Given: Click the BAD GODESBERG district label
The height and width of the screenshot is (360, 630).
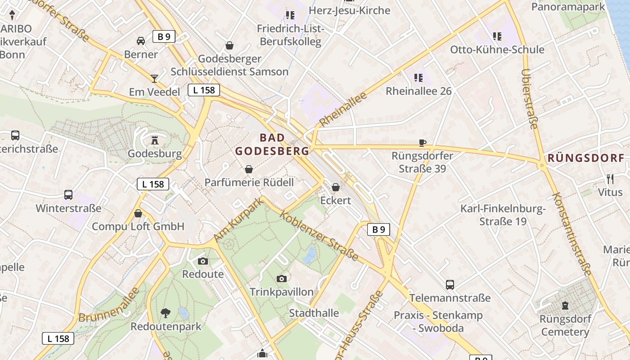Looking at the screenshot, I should click(272, 144).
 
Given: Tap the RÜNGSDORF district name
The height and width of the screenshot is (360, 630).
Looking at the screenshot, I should click(586, 158).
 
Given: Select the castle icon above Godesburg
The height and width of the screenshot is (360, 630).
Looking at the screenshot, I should click(155, 140).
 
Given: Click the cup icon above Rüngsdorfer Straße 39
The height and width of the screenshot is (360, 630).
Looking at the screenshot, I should click(422, 143).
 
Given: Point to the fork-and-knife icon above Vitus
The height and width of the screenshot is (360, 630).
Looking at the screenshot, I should click(610, 179).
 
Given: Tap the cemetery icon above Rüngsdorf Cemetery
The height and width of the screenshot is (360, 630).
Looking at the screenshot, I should click(565, 306).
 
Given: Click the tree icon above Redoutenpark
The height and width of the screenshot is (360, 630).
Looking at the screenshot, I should click(166, 313).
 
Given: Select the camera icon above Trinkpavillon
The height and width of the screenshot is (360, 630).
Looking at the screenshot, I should click(282, 279).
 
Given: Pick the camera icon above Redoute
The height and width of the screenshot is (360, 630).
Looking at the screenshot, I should click(203, 261).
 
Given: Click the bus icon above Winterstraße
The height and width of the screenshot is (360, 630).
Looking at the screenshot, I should click(68, 195).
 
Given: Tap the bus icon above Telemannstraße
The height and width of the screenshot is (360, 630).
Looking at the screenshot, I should click(450, 284).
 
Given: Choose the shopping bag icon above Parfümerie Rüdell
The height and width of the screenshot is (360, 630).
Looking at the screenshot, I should click(248, 169).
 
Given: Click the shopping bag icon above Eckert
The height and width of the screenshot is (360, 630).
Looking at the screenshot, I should click(336, 187).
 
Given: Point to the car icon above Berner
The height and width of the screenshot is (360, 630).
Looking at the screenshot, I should click(141, 41).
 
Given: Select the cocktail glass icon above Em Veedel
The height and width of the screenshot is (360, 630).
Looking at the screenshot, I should click(154, 79).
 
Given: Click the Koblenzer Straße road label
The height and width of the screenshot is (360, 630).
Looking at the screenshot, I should click(319, 236).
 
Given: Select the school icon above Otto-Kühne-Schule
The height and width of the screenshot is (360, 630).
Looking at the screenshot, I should click(497, 36).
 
